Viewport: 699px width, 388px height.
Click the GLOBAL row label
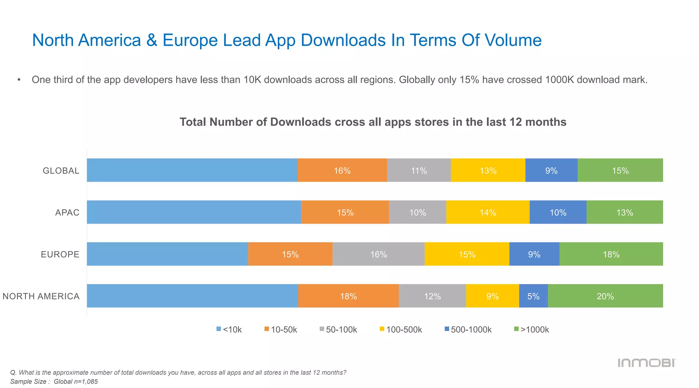pyautogui.click(x=61, y=170)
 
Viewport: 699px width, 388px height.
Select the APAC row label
pyautogui.click(x=67, y=212)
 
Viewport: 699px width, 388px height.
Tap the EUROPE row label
pyautogui.click(x=60, y=254)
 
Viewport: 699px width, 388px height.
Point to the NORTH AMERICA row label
pyautogui.click(x=41, y=296)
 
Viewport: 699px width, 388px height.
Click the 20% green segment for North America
pyautogui.click(x=605, y=296)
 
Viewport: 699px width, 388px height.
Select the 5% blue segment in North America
pyautogui.click(x=533, y=296)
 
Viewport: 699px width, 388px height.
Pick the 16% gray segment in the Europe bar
pyautogui.click(x=379, y=254)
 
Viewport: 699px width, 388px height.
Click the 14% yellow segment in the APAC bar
pyautogui.click(x=488, y=212)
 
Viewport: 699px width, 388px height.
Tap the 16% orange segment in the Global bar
pyautogui.click(x=342, y=170)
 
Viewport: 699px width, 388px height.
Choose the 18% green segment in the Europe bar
pyautogui.click(x=611, y=254)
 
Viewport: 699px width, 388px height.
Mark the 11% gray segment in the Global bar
pyautogui.click(x=419, y=170)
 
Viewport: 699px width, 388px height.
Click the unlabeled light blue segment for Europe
pyautogui.click(x=167, y=254)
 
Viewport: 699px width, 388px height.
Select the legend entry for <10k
pyautogui.click(x=229, y=329)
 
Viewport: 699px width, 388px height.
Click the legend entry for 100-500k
pyautogui.click(x=401, y=329)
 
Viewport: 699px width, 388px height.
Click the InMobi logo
pyautogui.click(x=646, y=363)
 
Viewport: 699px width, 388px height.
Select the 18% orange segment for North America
pyautogui.click(x=348, y=296)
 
